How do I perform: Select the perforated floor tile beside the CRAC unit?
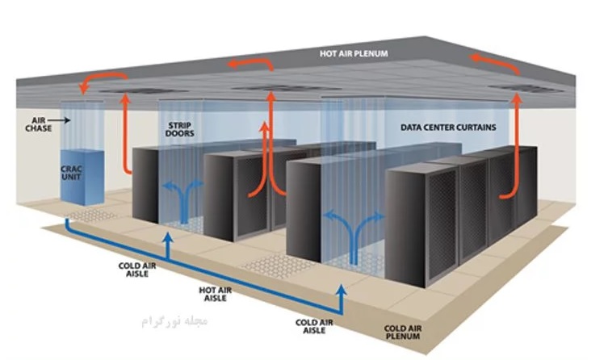(93, 215)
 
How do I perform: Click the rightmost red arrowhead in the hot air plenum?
(476, 57)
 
